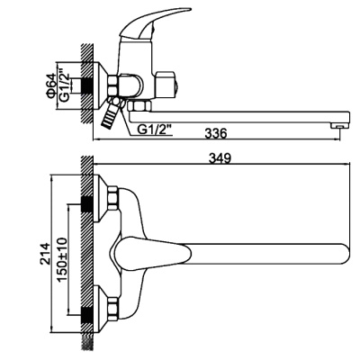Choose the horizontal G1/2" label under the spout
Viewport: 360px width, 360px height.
coord(157,128)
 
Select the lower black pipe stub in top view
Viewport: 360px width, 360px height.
coord(89,312)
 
